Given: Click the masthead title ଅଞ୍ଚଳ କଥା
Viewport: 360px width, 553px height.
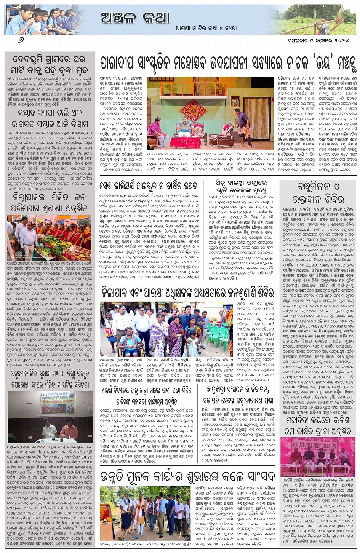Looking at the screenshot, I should (x=135, y=17).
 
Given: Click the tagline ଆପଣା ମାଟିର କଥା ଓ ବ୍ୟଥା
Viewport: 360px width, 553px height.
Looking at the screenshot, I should (x=206, y=28).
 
